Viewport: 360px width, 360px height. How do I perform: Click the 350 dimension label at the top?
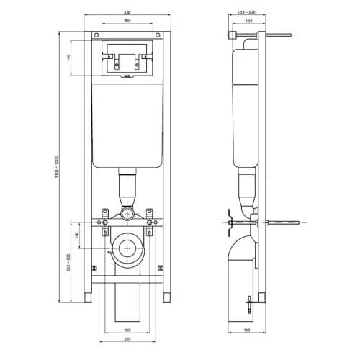[126, 12]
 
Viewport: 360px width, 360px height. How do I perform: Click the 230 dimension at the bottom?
[127, 339]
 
